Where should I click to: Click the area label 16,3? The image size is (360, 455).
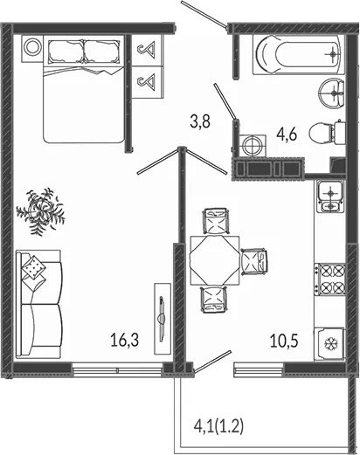[124, 340]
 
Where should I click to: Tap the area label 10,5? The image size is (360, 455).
[284, 341]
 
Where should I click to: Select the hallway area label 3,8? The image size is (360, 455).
[200, 121]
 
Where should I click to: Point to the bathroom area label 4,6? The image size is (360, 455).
[287, 134]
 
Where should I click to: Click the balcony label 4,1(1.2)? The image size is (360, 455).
[218, 427]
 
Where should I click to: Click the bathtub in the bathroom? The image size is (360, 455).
[297, 55]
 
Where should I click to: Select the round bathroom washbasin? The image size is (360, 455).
[332, 93]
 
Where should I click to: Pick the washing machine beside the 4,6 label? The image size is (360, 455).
[253, 145]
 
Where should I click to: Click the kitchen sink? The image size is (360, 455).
[330, 196]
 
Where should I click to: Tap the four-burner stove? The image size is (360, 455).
[329, 279]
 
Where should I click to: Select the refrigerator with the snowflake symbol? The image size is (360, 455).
[330, 344]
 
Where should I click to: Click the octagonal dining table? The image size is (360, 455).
[215, 260]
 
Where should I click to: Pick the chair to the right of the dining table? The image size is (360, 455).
[254, 261]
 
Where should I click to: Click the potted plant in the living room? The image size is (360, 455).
[41, 210]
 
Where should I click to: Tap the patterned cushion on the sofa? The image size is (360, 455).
[34, 267]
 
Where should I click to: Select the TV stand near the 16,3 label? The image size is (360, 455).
[163, 318]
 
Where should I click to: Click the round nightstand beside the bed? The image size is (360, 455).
[32, 48]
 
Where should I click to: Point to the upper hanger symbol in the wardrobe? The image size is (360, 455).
[147, 50]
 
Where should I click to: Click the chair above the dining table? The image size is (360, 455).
[216, 221]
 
